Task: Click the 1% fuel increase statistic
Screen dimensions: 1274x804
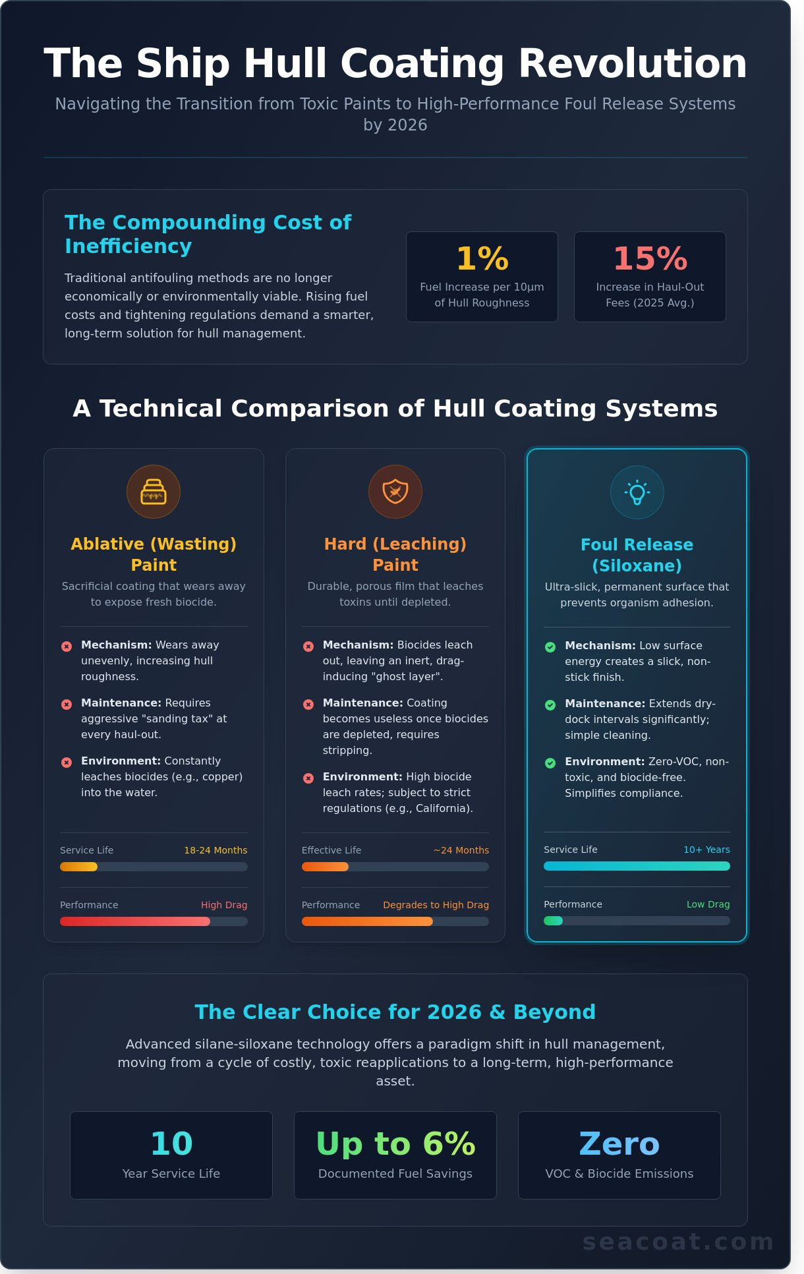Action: [482, 258]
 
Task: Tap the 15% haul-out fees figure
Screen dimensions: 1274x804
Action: [650, 258]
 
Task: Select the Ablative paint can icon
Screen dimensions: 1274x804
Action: [154, 492]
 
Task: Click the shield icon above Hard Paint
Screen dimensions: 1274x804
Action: [395, 492]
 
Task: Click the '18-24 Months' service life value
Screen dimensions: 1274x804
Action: [215, 850]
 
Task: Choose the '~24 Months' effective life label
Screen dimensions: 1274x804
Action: [461, 850]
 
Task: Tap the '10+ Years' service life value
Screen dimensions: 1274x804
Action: [706, 850]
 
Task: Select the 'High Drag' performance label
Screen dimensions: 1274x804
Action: [224, 905]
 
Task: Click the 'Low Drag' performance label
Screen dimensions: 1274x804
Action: [708, 904]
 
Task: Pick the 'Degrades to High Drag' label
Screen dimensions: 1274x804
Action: [436, 905]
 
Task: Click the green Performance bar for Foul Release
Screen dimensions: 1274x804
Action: [554, 921]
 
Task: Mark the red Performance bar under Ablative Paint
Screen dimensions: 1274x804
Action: [135, 921]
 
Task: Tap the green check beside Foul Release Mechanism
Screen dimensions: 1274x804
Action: [550, 647]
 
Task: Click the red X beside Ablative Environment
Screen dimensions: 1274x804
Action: [67, 763]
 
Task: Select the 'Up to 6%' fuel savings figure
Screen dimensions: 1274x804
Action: [395, 1144]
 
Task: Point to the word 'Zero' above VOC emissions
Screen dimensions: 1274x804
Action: [619, 1144]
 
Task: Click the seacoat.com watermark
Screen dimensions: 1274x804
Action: [678, 1242]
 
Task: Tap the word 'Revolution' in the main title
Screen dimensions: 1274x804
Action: [632, 64]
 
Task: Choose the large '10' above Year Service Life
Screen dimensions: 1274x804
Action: [171, 1144]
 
